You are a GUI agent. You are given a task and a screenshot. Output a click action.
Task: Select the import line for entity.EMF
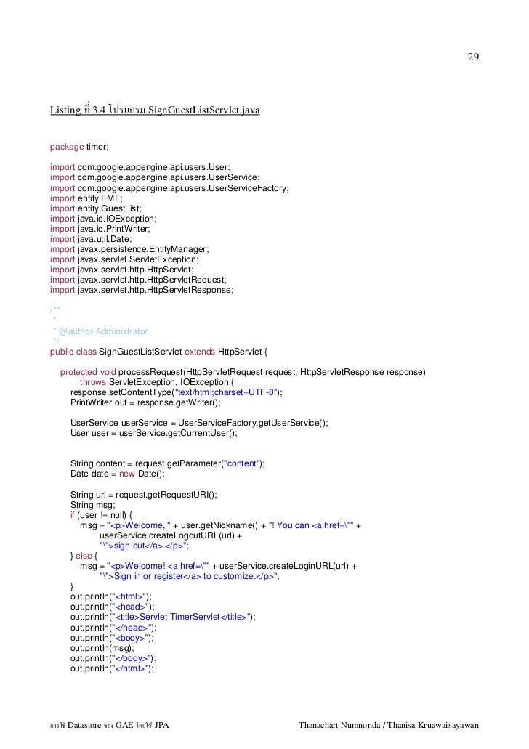click(86, 197)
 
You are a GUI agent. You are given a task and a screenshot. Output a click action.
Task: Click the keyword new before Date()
click(126, 474)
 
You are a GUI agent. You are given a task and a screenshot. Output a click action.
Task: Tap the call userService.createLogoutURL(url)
click(168, 535)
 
